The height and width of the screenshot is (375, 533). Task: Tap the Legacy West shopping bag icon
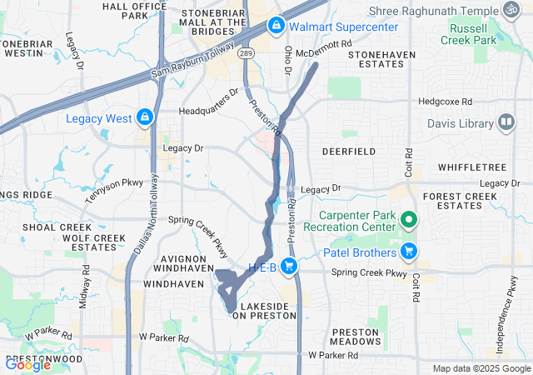click(x=144, y=117)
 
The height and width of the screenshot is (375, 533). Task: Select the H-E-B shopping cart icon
click(x=289, y=266)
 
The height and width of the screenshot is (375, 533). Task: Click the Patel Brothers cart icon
click(x=409, y=250)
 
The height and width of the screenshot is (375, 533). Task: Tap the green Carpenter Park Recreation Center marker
click(x=408, y=220)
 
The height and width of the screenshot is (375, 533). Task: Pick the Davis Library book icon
click(x=506, y=124)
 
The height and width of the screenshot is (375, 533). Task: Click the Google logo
click(x=27, y=364)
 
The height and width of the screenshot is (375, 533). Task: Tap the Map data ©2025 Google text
click(x=480, y=368)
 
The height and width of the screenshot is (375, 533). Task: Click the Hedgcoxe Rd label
click(x=444, y=102)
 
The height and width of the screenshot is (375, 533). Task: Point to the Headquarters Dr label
click(x=208, y=110)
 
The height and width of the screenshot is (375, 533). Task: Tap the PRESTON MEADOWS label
click(x=356, y=337)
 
